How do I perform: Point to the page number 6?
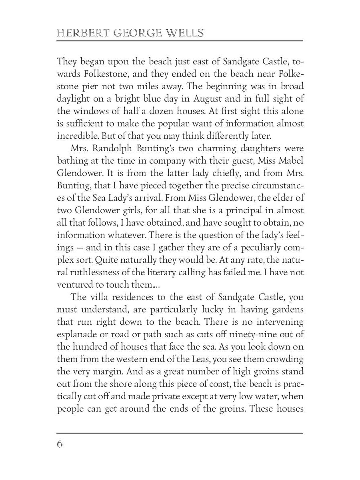[x=60, y=444]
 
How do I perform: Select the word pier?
[x=95, y=87]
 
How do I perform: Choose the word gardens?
[x=286, y=309]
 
